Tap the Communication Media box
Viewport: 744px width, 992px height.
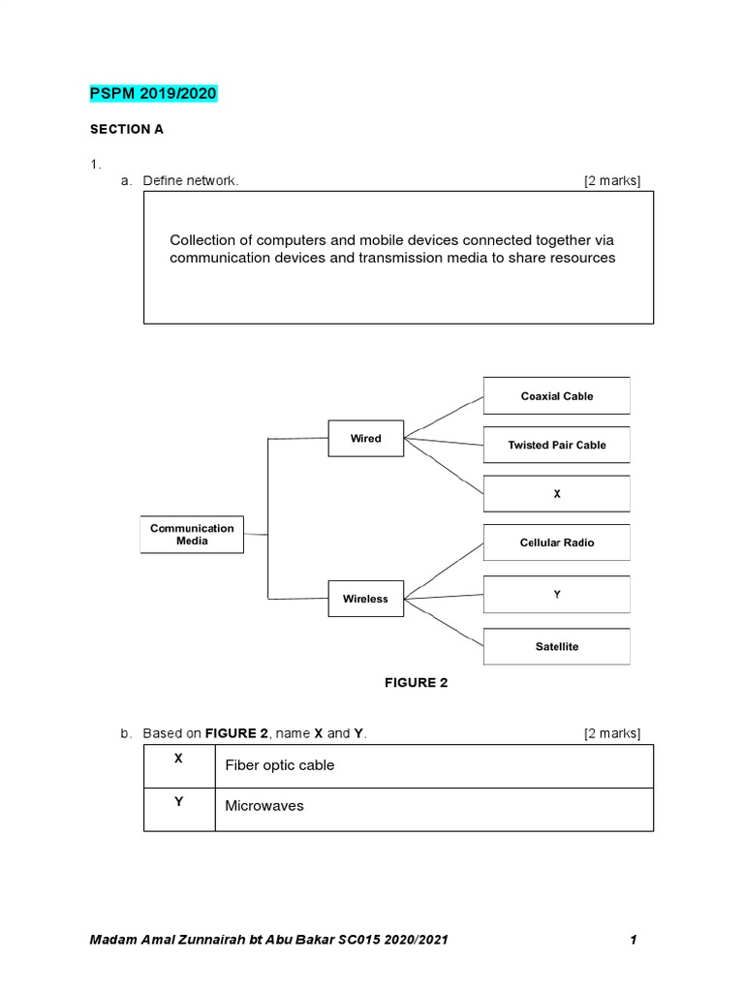pos(192,534)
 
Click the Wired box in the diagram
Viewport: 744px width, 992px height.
pos(366,439)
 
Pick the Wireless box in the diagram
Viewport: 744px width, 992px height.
pos(365,599)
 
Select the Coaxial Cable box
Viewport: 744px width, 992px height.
pos(556,396)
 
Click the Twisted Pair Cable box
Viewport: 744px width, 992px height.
pos(556,445)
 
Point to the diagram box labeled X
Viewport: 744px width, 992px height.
pos(556,494)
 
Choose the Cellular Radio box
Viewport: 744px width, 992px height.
pos(556,542)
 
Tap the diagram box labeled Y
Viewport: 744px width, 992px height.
pos(556,595)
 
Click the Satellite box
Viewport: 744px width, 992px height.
pos(556,646)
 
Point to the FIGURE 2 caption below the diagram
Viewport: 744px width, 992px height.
pos(416,683)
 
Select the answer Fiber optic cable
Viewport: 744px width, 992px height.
pos(280,765)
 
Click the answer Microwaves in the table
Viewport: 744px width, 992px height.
pos(264,806)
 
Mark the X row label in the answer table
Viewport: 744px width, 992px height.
pos(178,759)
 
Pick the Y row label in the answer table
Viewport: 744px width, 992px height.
pos(178,801)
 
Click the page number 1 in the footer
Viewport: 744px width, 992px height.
pos(633,940)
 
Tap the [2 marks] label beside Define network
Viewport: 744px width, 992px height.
pos(611,181)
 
